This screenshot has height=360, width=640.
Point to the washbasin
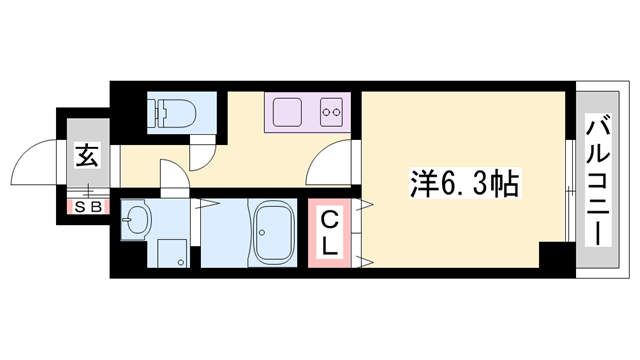pyautogui.click(x=137, y=220)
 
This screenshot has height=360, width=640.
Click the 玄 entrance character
pyautogui.click(x=86, y=155)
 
